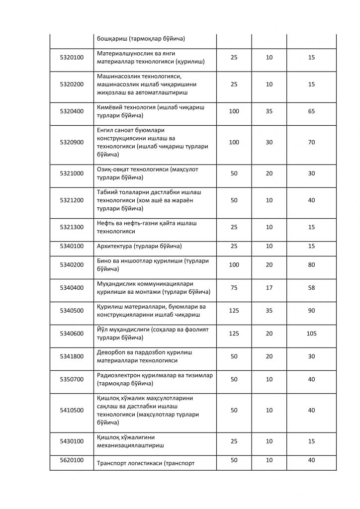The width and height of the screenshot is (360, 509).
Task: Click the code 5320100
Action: (x=72, y=58)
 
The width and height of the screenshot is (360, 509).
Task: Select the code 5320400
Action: (x=72, y=111)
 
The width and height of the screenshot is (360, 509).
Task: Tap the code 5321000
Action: (x=72, y=173)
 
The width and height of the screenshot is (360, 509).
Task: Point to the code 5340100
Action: (x=72, y=246)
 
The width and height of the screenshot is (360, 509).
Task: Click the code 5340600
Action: (x=72, y=334)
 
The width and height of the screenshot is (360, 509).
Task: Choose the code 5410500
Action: (x=72, y=410)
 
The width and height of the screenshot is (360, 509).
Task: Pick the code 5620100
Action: (x=72, y=460)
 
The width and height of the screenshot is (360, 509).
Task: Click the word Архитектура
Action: (x=113, y=246)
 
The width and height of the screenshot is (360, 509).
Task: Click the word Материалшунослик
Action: (x=124, y=53)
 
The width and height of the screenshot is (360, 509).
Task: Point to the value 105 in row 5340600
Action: (x=311, y=334)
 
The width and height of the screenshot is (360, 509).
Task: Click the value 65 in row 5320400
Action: (x=311, y=111)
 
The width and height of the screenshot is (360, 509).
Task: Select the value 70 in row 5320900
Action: (x=311, y=142)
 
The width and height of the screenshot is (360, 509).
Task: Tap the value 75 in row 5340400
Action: (x=234, y=287)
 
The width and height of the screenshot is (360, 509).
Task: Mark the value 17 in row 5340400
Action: (x=269, y=287)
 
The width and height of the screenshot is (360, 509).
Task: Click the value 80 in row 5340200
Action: (x=311, y=265)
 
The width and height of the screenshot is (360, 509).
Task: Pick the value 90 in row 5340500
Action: (x=311, y=311)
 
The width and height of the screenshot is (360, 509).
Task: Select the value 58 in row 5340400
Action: (x=311, y=287)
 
